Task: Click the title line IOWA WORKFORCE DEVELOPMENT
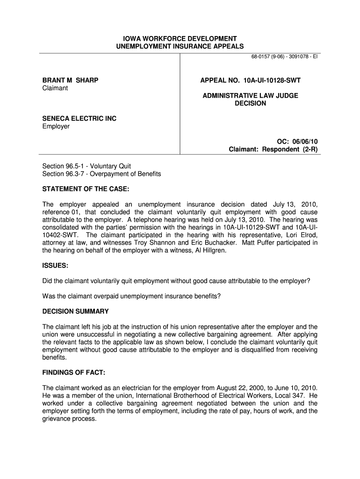[180, 38]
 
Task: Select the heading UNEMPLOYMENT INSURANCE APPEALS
[180, 46]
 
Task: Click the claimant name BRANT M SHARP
[70, 80]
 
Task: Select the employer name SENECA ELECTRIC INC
[79, 119]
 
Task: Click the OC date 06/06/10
[305, 141]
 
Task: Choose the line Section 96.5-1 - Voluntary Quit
[86, 166]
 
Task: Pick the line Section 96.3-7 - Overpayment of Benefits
[101, 174]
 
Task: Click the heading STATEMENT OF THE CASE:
[86, 189]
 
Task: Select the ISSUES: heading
[56, 265]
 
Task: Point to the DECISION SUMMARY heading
[76, 311]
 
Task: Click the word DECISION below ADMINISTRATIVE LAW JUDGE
[250, 103]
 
